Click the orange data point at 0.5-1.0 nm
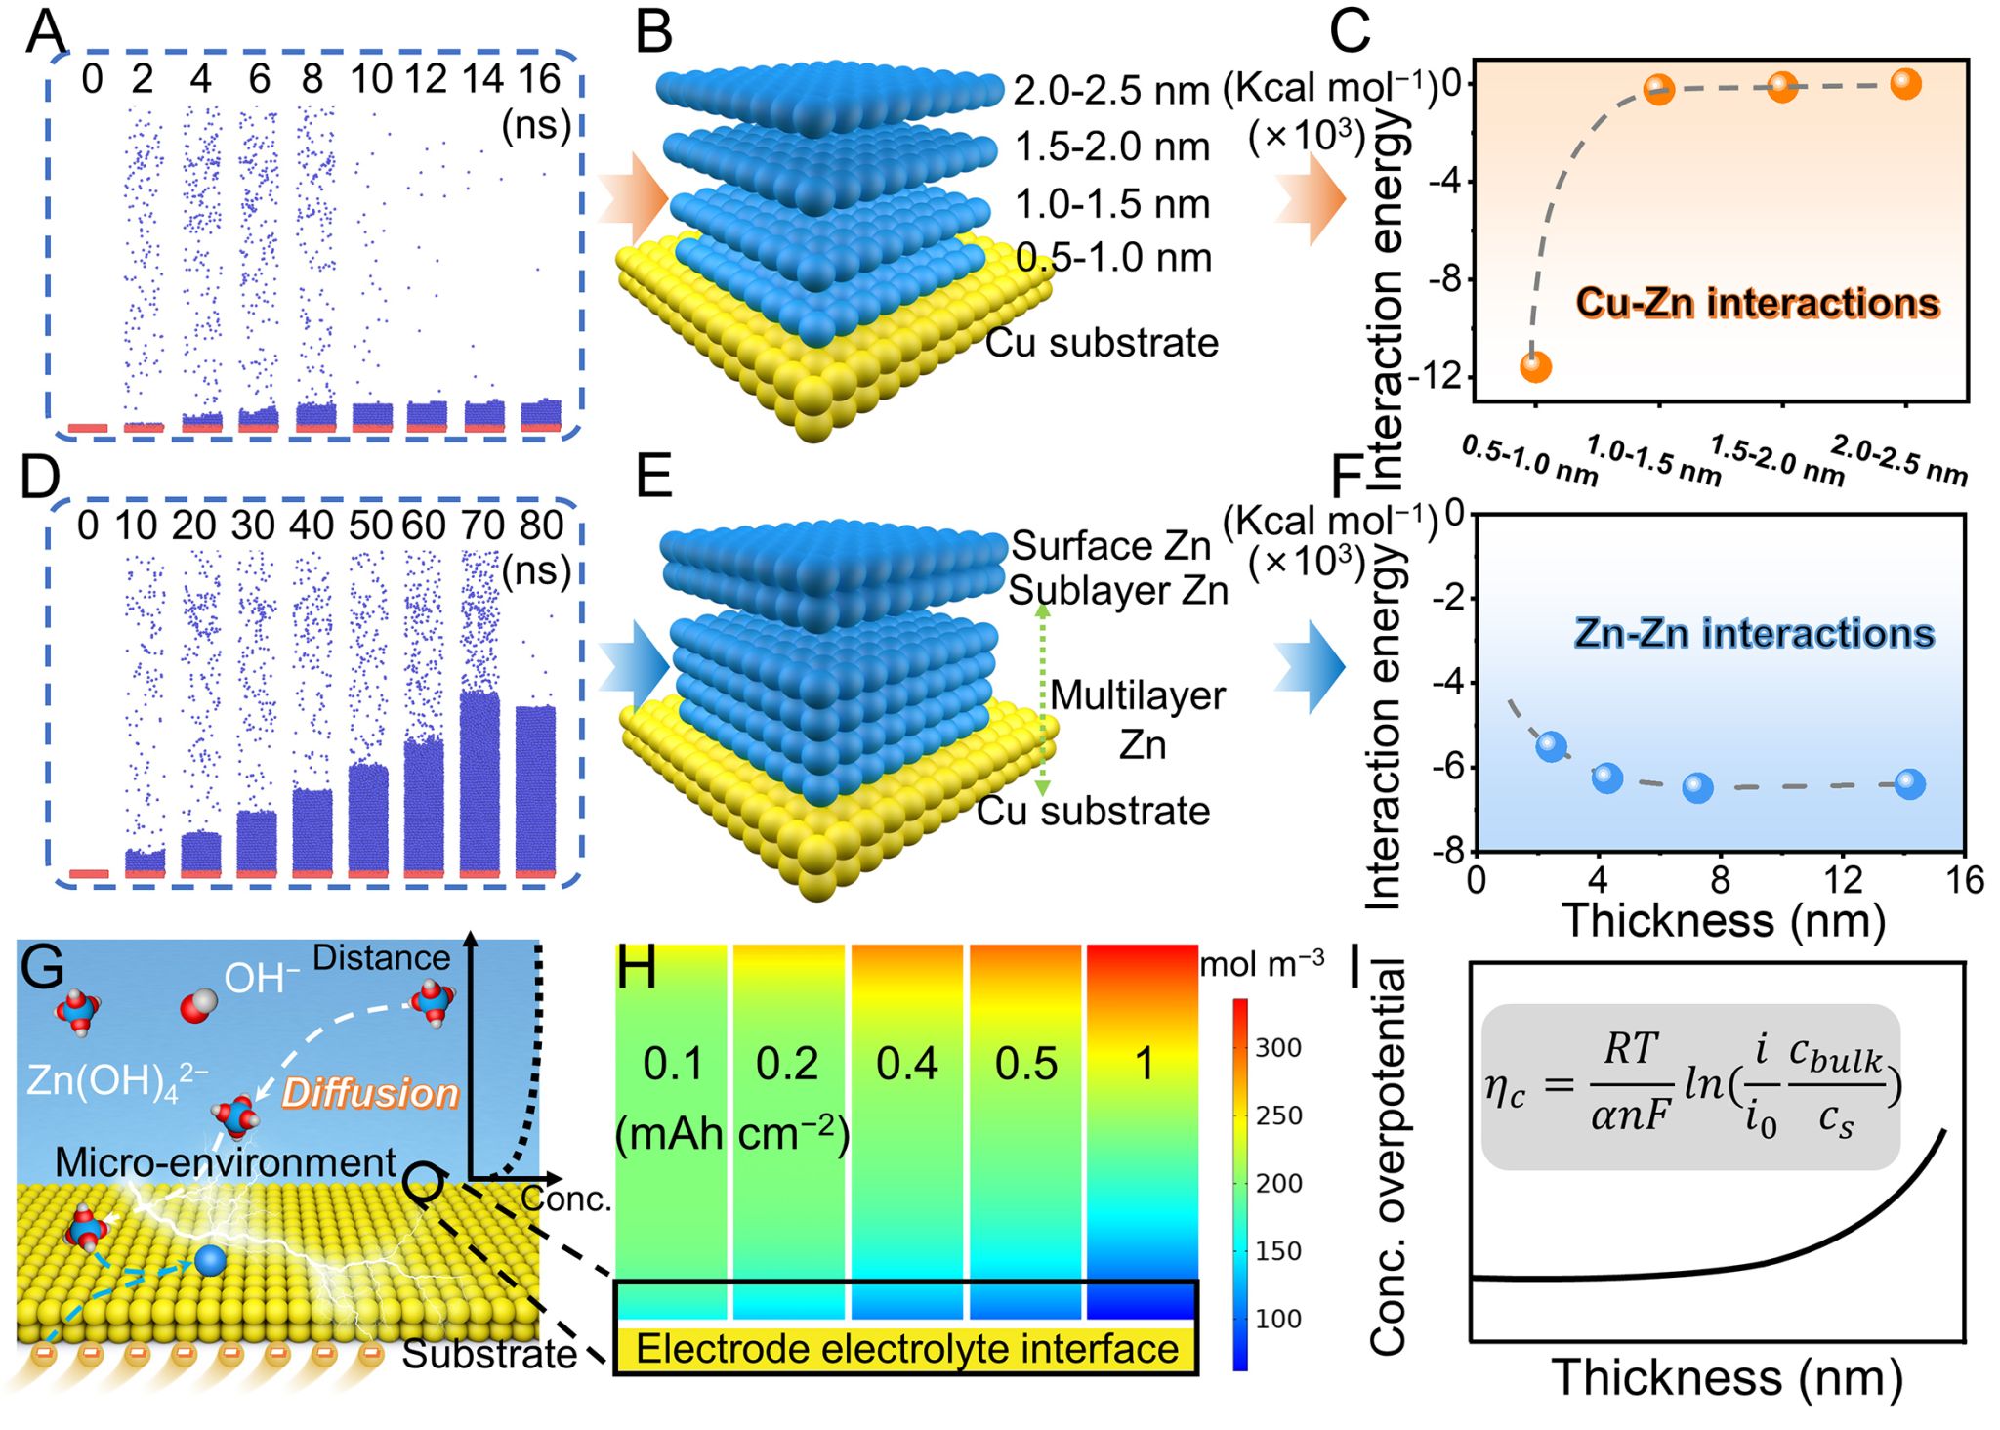[x=1535, y=367]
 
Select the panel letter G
[x=42, y=969]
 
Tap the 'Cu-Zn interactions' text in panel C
[x=1757, y=303]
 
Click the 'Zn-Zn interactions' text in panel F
[x=1754, y=634]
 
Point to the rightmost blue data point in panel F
[x=1909, y=783]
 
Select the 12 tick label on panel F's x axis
[x=1843, y=880]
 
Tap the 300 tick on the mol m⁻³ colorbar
[x=1278, y=1048]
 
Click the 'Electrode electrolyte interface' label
[x=906, y=1349]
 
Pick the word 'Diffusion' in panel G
[x=370, y=1093]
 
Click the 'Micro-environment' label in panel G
[x=226, y=1162]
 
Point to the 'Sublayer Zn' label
[x=1117, y=591]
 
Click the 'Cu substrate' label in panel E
[x=1093, y=811]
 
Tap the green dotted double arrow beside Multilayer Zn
[x=1042, y=699]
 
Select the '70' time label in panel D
[x=482, y=526]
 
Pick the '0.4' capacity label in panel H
[x=906, y=1063]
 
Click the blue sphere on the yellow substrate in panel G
[x=210, y=1260]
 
